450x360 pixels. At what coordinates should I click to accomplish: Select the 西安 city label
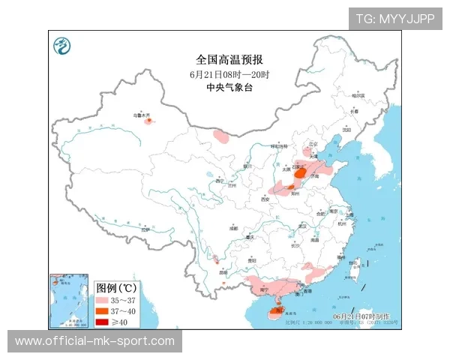263,199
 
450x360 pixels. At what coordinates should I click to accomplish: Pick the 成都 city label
234,227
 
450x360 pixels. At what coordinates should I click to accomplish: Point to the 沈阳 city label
346,129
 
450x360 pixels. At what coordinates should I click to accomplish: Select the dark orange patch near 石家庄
301,173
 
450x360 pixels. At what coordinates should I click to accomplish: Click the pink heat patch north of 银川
222,137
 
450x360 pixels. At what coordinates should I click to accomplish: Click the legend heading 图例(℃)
116,288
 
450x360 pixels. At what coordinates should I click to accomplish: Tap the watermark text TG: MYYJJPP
394,19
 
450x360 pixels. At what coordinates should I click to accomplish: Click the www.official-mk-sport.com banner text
94,341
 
